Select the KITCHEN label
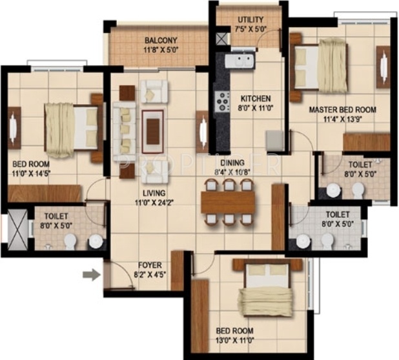(x=256, y=99)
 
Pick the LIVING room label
(x=150, y=193)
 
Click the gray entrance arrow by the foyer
(x=92, y=275)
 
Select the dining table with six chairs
(x=229, y=202)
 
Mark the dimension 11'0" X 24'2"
(x=150, y=203)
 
